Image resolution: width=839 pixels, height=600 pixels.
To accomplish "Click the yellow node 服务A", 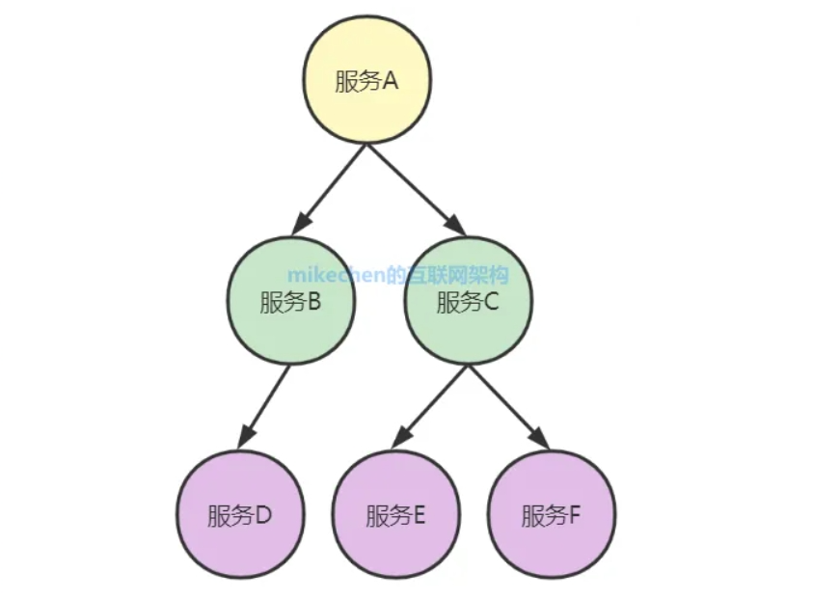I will coord(367,81).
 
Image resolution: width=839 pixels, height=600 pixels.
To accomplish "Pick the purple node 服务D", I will coord(240,515).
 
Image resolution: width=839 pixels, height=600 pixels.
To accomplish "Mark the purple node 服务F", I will coord(553,515).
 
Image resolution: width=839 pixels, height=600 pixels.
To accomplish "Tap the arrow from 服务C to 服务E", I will coord(431,407).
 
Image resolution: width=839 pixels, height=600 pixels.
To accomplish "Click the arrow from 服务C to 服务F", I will coord(508,407).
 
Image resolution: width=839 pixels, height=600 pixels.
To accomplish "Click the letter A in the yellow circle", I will coord(391,82).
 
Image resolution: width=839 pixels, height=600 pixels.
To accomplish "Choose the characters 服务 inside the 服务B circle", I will coord(281,304).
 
